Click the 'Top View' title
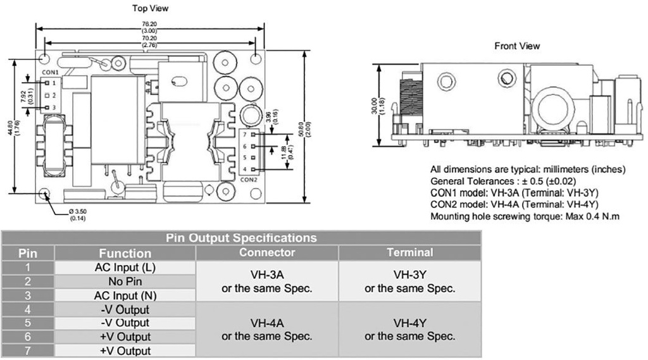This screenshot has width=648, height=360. (x=151, y=8)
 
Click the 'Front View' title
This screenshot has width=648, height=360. (x=517, y=46)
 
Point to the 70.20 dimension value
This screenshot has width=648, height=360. (x=150, y=38)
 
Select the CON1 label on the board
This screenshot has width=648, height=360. (x=51, y=73)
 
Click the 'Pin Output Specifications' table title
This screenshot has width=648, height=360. (x=240, y=239)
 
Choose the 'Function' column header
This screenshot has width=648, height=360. (x=125, y=253)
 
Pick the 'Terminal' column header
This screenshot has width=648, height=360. (x=410, y=252)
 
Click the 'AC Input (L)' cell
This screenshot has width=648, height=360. (x=125, y=268)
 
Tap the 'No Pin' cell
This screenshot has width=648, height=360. (x=125, y=282)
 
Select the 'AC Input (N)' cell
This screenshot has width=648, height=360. (x=125, y=295)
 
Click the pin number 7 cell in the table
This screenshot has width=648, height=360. (x=27, y=351)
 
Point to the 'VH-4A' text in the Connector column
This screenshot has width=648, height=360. (x=266, y=323)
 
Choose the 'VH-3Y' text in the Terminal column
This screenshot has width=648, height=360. (x=409, y=275)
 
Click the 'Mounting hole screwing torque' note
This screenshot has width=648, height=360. (x=525, y=216)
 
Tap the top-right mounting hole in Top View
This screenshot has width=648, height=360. (x=255, y=58)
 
